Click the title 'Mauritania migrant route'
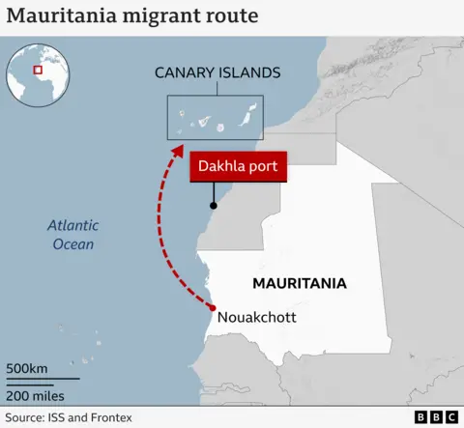[131, 16]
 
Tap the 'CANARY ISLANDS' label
[217, 72]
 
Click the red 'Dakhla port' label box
[238, 166]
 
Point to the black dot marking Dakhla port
[213, 205]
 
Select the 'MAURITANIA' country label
[299, 284]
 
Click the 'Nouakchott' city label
[257, 317]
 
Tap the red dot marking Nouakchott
[213, 308]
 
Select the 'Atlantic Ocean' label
[72, 235]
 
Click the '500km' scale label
[27, 369]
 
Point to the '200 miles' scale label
[36, 395]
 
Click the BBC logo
[436, 417]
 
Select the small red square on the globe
[38, 69]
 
